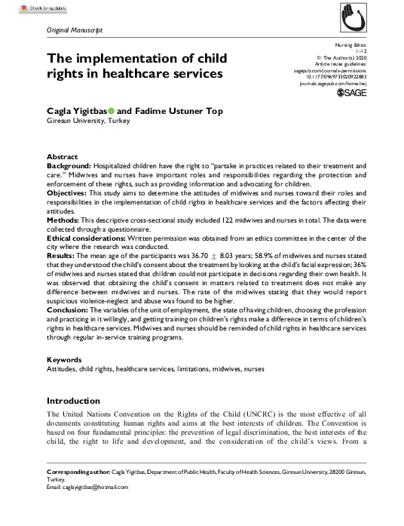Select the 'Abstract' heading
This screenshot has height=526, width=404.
[63, 157]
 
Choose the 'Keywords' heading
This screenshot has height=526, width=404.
[64, 359]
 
